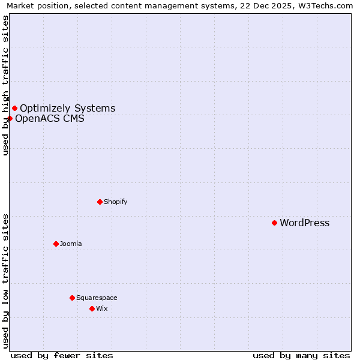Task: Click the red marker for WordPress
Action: pos(274,223)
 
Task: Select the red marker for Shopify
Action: pos(100,202)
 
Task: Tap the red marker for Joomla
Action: pos(56,244)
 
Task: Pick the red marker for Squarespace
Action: pos(72,298)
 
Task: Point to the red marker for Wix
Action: pos(92,308)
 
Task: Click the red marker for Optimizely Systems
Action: pos(14,108)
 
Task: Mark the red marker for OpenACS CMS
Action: pos(10,118)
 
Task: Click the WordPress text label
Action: pos(304,223)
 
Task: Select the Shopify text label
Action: pos(115,202)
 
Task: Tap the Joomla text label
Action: pos(71,244)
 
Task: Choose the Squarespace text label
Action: pos(97,298)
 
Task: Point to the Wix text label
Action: pos(102,309)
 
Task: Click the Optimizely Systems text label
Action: pos(67,109)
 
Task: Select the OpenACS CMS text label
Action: pos(49,119)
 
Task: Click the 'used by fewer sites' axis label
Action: pos(62,355)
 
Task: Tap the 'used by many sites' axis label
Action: pos(301,355)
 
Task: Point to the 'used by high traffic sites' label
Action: pos(5,85)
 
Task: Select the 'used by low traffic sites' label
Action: pos(5,281)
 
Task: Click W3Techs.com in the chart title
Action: pos(328,6)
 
